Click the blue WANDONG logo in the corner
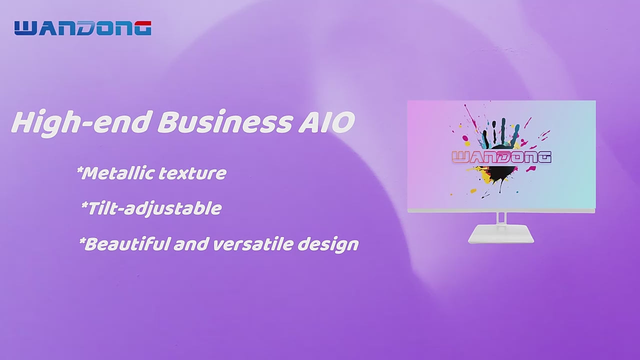[83, 28]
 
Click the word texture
[192, 173]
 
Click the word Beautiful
[126, 244]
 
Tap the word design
[328, 245]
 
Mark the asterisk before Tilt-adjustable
[84, 205]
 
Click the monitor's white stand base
[501, 234]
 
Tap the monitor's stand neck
[501, 218]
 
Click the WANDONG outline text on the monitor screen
[501, 157]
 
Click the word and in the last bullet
[190, 244]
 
